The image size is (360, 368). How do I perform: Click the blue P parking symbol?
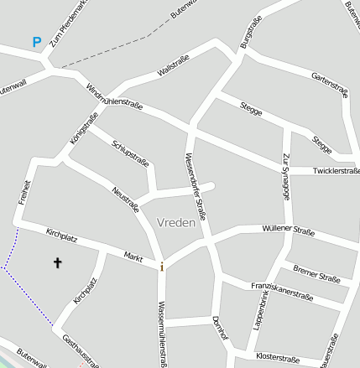(x=36, y=41)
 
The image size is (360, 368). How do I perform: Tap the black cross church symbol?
(x=58, y=263)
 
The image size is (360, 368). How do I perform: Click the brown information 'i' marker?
(x=162, y=267)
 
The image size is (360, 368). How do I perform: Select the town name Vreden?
(x=175, y=223)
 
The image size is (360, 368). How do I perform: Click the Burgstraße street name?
(x=251, y=31)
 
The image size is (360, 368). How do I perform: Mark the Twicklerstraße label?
(x=336, y=171)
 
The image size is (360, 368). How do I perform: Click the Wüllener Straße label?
(x=288, y=230)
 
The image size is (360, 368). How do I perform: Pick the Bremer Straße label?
(x=316, y=273)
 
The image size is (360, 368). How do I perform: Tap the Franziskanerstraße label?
(x=282, y=291)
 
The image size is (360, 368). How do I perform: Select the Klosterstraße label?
(x=277, y=357)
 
